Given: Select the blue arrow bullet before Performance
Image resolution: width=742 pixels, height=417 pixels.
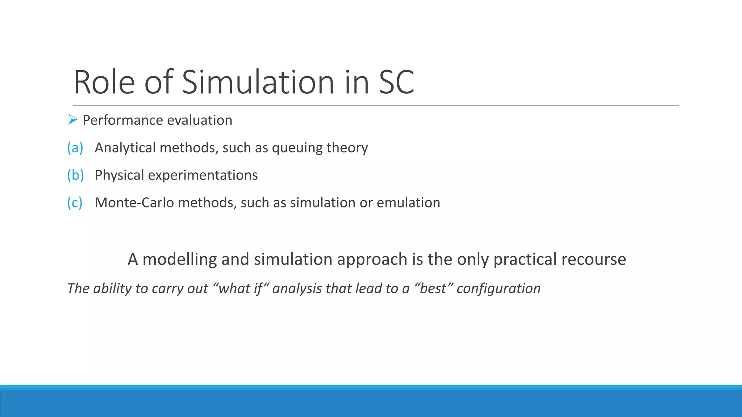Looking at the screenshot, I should [x=73, y=119].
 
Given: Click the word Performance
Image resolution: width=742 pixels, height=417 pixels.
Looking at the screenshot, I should [x=122, y=120].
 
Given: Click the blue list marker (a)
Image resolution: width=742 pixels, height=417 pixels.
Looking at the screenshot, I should [x=75, y=148].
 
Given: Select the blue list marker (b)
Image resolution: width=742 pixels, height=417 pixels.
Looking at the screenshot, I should [x=75, y=175].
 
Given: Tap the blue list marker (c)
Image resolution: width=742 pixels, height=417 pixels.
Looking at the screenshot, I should [x=75, y=203].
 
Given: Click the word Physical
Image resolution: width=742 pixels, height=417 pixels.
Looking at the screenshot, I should [x=120, y=175].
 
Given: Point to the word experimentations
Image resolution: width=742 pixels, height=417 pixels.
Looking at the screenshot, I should [x=203, y=175].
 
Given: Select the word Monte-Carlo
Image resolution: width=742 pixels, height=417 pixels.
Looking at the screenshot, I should [x=134, y=203].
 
